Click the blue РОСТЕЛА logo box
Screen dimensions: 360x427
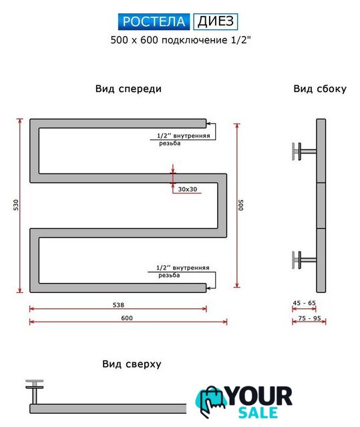154,21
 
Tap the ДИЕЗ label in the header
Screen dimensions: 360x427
216,21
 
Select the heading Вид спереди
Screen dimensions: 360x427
128,89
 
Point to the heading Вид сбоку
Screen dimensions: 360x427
320,89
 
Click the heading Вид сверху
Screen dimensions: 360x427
132,364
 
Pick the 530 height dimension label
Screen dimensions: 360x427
16,205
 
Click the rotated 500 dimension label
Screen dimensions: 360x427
241,205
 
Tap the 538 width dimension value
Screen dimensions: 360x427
118,305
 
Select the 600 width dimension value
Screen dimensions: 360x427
127,318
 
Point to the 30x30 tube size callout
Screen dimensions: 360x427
188,189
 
